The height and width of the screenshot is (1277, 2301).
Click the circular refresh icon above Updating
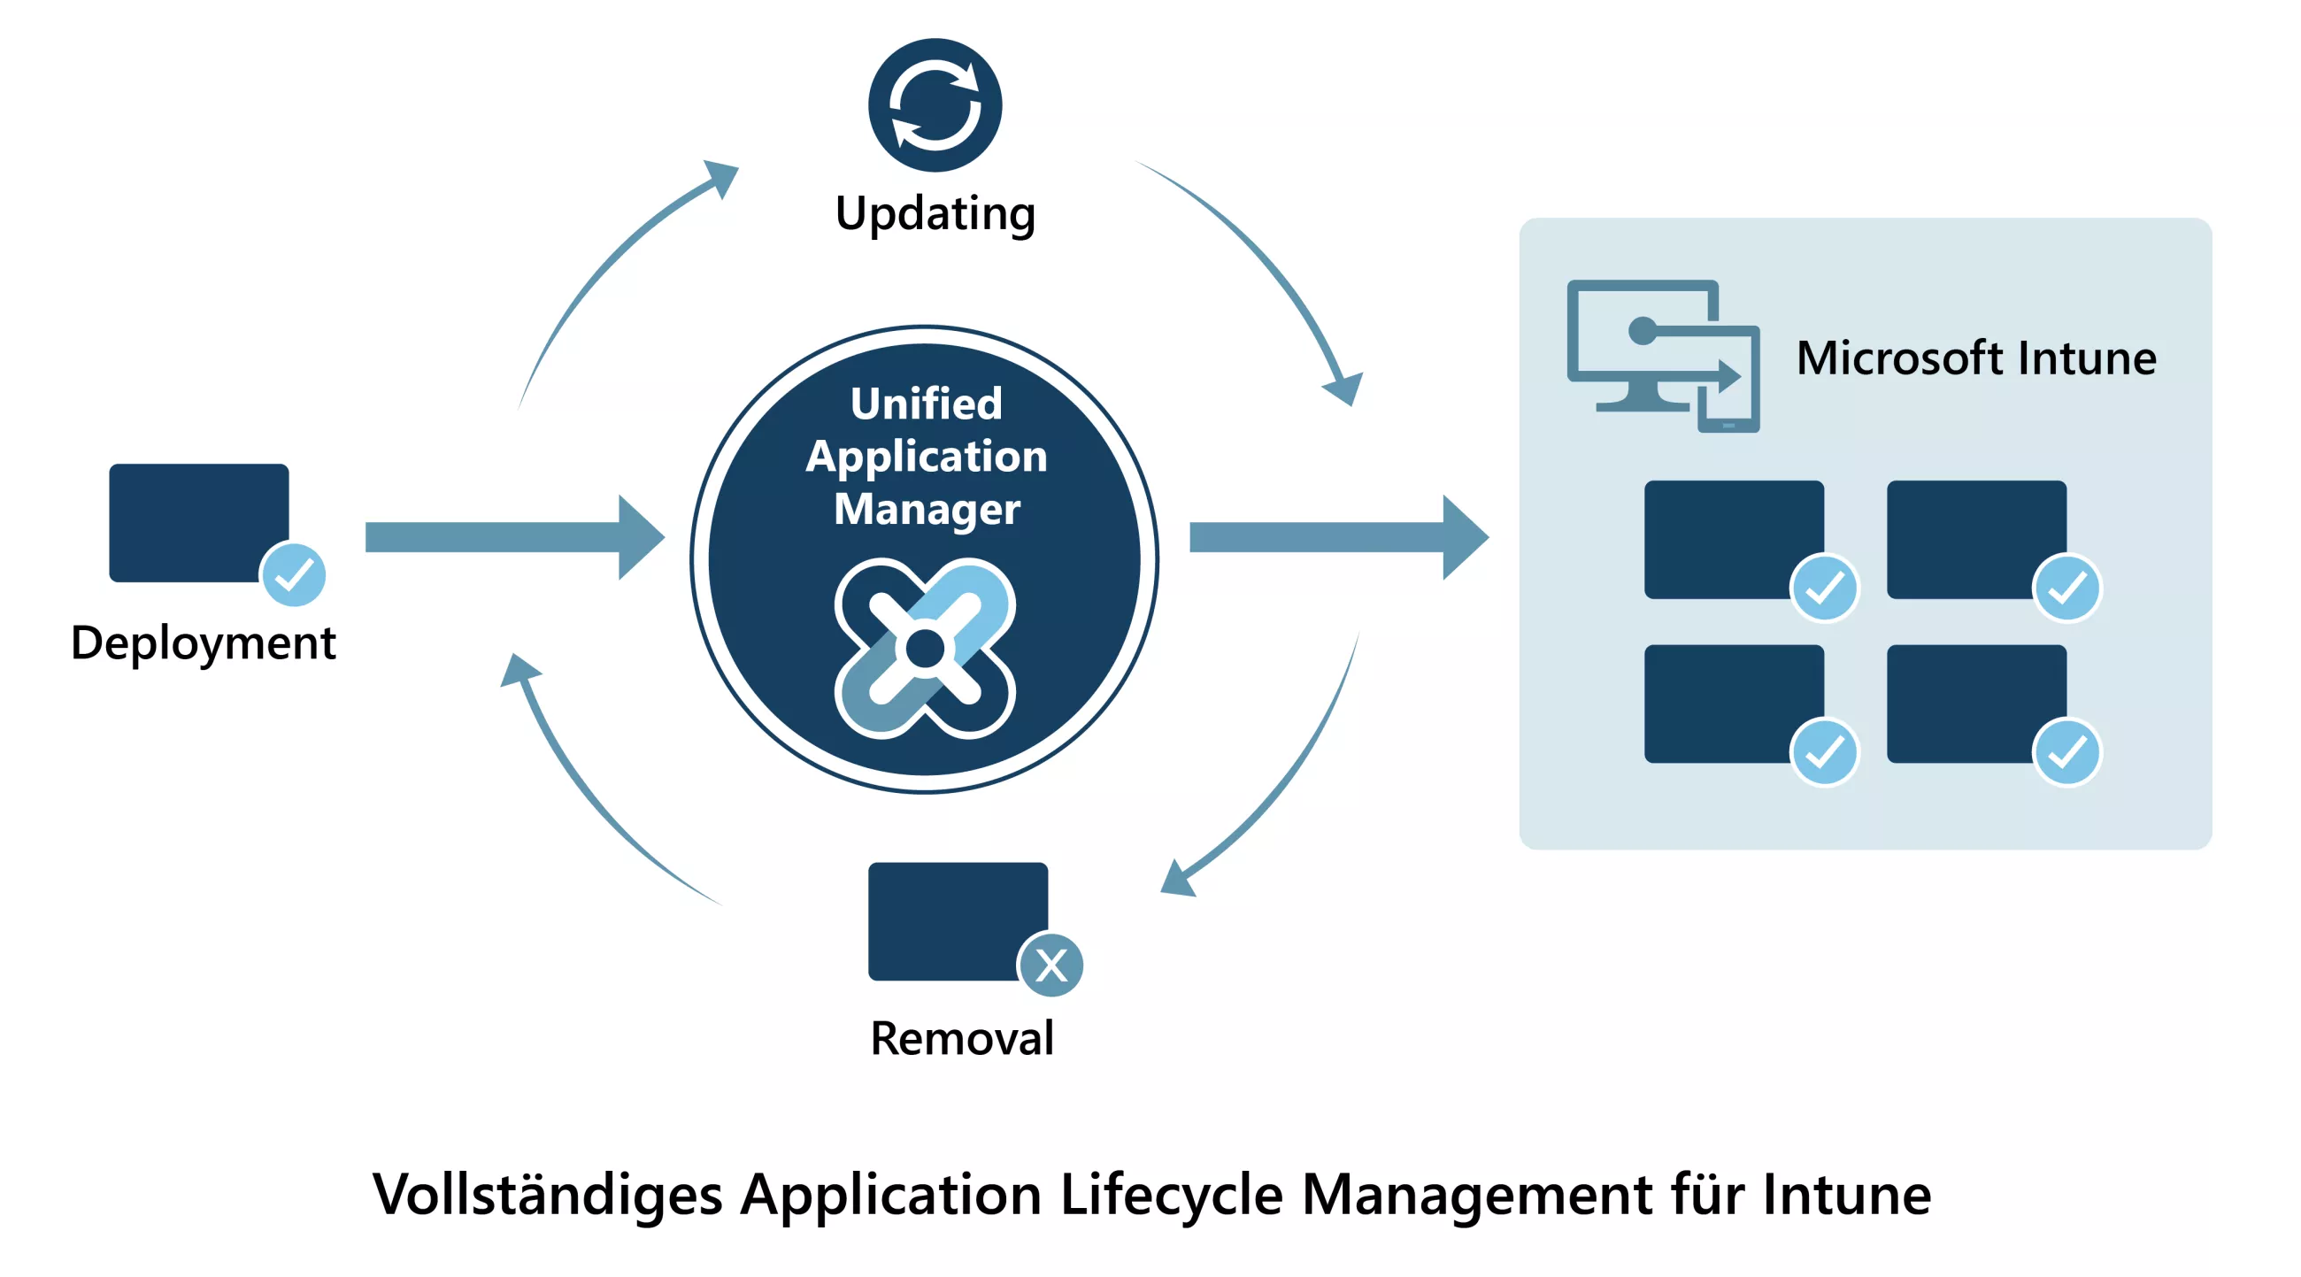pyautogui.click(x=935, y=104)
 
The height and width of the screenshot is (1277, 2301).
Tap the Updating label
pyautogui.click(x=935, y=213)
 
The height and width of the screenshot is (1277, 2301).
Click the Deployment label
pyautogui.click(x=203, y=642)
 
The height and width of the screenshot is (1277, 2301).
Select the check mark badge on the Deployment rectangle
pyautogui.click(x=293, y=574)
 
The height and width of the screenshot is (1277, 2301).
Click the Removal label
pyautogui.click(x=962, y=1038)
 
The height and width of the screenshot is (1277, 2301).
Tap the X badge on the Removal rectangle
pyautogui.click(x=1051, y=965)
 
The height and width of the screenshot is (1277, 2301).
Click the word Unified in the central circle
pyautogui.click(x=926, y=404)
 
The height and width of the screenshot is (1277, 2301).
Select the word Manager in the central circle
pyautogui.click(x=927, y=509)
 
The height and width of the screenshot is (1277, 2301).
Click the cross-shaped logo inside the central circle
pyautogui.click(x=925, y=649)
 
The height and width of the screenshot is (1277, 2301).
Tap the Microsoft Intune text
pyautogui.click(x=1976, y=358)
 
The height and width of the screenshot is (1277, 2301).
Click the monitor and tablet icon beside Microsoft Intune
pyautogui.click(x=1662, y=357)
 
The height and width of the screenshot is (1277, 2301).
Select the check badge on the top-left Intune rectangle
pyautogui.click(x=1824, y=588)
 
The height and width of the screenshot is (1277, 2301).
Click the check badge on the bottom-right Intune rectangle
pyautogui.click(x=2066, y=752)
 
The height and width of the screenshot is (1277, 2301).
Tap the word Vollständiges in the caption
pyautogui.click(x=547, y=1195)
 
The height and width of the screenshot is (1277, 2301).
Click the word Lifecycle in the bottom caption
pyautogui.click(x=1171, y=1195)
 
